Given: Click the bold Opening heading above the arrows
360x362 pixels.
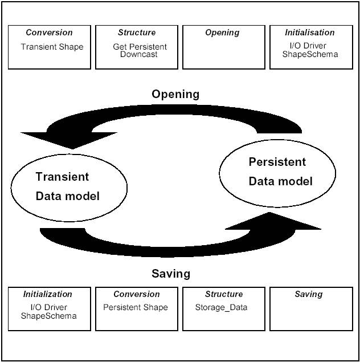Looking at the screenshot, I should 175,94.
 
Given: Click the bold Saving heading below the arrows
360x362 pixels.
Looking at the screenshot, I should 171,274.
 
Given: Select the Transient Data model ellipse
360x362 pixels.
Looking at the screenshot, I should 68,186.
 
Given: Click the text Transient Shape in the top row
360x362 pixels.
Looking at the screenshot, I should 52,47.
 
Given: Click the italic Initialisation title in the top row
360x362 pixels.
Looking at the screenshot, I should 310,32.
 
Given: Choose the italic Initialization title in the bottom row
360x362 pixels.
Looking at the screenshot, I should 48,294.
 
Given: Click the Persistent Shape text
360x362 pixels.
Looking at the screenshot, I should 136,307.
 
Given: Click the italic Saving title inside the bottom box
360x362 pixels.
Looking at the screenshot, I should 309,294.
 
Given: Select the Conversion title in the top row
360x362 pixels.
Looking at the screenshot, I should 50,32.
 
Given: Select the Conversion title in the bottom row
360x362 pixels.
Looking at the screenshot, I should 137,294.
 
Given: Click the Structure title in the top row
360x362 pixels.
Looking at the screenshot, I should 137,32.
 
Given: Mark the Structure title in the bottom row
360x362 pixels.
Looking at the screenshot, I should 224,294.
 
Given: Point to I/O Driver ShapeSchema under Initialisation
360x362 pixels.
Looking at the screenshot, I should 311,51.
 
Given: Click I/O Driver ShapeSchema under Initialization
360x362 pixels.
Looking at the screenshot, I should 48,311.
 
